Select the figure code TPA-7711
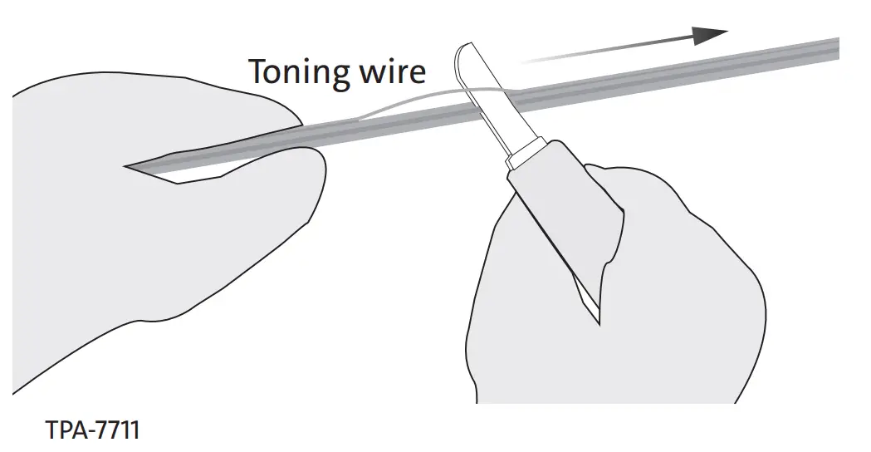tap(92, 431)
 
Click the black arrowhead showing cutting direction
tap(710, 36)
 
